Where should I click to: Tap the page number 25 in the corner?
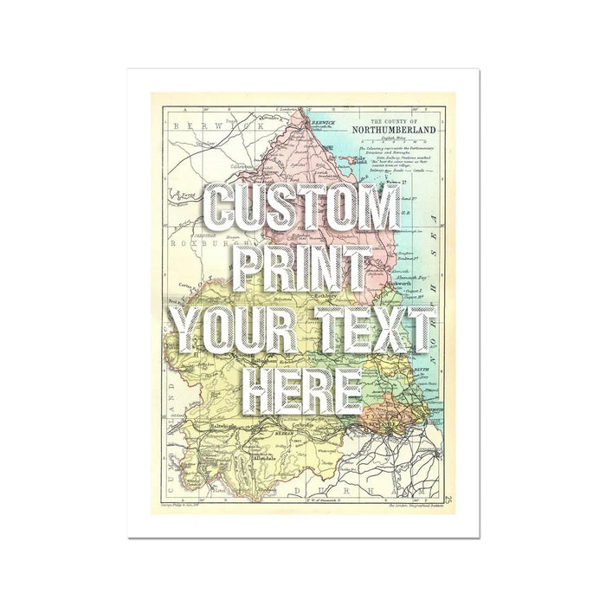click(x=448, y=498)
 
